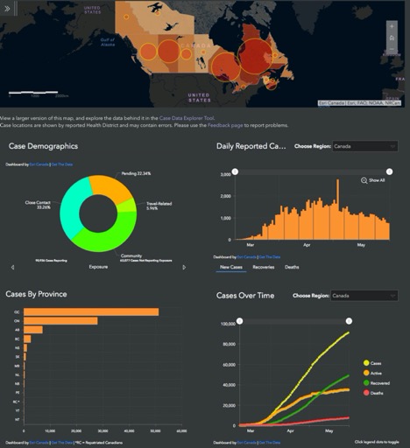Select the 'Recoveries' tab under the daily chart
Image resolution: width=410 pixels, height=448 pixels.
pos(264,266)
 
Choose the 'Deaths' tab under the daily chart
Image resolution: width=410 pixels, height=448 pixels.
pos(292,266)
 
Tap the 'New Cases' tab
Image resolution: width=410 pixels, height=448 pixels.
pos(231,266)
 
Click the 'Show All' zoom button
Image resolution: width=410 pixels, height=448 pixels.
pos(373,180)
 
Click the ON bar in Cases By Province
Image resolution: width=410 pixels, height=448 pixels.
pos(61,321)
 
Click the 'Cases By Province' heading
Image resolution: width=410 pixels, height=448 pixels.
pos(49,294)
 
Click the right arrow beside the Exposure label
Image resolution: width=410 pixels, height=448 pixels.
pos(184,267)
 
